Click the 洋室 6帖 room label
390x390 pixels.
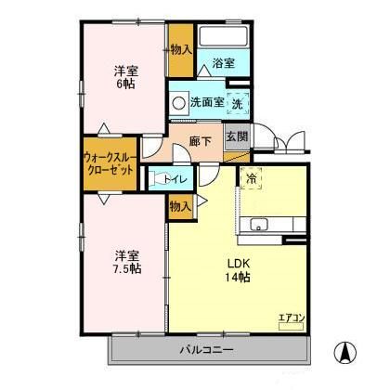coord(127,76)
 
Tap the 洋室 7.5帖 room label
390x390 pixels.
coord(127,261)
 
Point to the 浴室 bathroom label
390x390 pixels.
coord(223,63)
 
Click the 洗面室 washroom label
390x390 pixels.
coord(206,102)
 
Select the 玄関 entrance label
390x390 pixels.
coord(237,136)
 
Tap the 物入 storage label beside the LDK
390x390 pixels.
coord(180,207)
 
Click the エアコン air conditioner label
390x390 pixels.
coord(292,318)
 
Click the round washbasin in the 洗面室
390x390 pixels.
coord(178,103)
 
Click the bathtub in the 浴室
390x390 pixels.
coord(222,39)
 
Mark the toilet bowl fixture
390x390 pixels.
coord(159,178)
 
